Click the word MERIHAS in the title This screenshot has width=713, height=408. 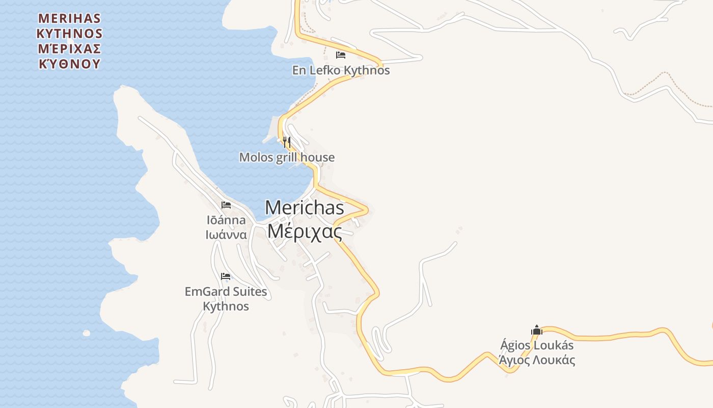coord(70,19)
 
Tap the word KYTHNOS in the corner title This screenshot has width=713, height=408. coord(70,34)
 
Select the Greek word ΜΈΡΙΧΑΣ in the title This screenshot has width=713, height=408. coord(70,49)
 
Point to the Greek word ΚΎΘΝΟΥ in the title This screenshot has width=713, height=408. coord(70,64)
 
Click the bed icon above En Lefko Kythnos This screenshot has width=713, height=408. coord(341,55)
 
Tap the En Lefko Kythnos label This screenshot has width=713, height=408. coord(341,70)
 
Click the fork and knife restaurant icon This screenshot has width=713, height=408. coord(287,142)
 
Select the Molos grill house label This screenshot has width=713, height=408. coord(287,157)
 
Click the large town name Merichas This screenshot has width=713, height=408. coord(305,208)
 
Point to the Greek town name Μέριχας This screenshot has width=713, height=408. coord(305,231)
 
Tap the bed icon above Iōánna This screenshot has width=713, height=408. coord(226,205)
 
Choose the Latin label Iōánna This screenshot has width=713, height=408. coord(226,220)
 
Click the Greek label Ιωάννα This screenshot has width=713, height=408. coord(226,235)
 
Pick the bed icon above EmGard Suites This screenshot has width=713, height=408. coord(226,276)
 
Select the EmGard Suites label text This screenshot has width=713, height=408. coord(226,292)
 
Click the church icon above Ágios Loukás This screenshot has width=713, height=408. coord(537,330)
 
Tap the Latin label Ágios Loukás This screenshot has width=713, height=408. coord(537,345)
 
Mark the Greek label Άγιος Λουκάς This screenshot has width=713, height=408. coord(537,360)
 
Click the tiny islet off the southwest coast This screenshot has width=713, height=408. coord(87,333)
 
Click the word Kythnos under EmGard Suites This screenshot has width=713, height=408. coord(226,307)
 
